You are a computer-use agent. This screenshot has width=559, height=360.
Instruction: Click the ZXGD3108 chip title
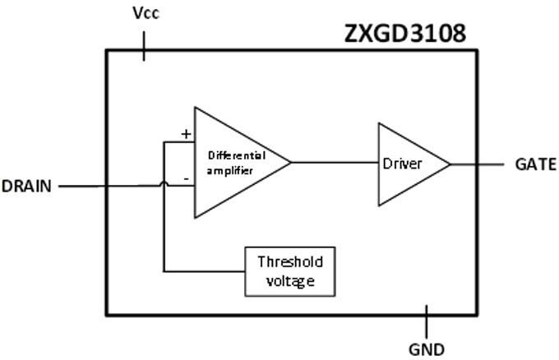404,33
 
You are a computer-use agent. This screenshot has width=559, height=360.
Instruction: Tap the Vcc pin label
146,14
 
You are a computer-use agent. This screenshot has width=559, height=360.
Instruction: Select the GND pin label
426,348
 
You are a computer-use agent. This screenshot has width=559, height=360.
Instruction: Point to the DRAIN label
27,186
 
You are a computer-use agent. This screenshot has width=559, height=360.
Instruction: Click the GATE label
535,164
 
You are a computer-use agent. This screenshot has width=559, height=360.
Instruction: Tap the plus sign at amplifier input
186,134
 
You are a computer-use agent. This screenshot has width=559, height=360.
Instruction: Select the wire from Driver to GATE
477,164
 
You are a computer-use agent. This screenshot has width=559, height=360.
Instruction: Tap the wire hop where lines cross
164,185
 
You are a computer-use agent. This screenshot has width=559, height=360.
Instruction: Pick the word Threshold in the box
290,262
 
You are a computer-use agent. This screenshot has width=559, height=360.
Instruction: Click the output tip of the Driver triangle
449,164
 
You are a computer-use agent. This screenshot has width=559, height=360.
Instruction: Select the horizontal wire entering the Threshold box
206,270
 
